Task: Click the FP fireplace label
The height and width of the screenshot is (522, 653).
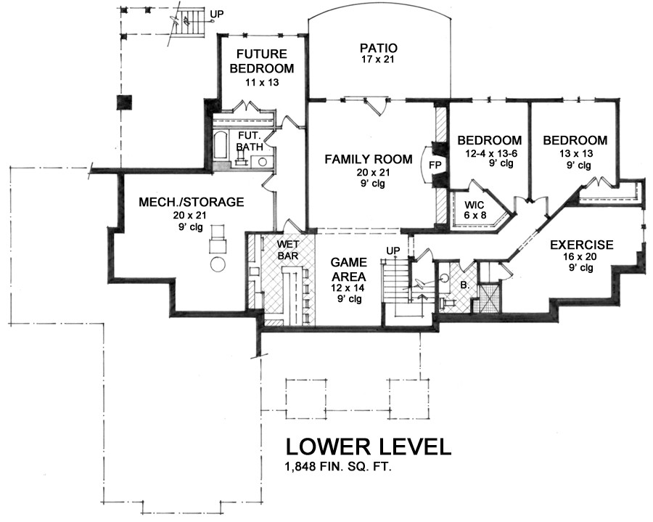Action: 435,165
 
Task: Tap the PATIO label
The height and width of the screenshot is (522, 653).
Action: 379,49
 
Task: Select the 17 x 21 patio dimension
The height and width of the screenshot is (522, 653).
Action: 377,59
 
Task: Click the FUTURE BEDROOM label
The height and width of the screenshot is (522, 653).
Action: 261,61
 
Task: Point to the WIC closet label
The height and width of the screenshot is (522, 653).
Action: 475,205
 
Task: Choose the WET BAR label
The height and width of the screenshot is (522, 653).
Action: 288,249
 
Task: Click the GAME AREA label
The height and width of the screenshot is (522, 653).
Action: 348,269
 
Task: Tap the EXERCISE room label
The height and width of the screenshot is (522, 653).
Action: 582,245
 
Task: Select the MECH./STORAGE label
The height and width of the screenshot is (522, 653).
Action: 191,202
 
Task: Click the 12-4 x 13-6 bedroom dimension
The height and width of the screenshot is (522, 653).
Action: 491,153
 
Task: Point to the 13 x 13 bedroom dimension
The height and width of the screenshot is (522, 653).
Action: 576,153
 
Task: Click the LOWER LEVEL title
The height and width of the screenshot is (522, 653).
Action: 369,446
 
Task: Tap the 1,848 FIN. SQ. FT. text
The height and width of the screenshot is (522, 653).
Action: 339,468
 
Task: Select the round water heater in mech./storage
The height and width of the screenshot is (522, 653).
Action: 218,264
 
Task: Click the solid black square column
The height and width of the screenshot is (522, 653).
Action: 124,102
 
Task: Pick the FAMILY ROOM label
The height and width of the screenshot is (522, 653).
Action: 369,159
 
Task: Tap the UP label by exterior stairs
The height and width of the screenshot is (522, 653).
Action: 216,15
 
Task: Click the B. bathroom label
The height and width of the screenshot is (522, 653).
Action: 465,286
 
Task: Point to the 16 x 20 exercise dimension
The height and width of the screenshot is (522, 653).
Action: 580,256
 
